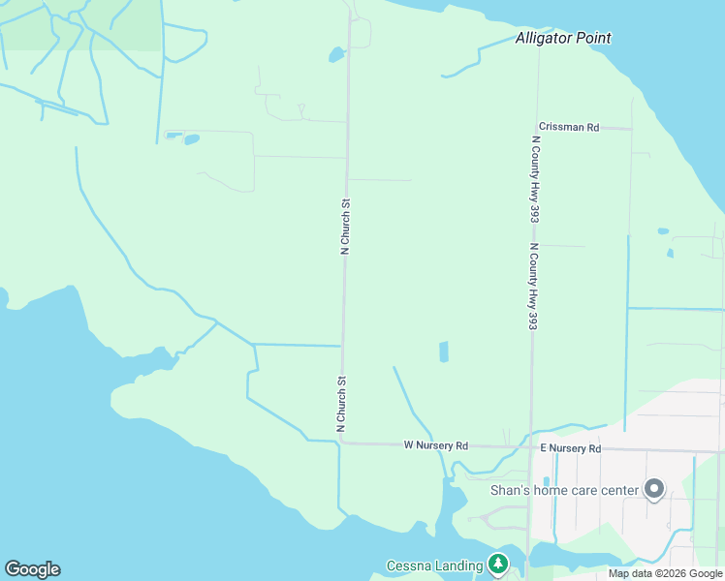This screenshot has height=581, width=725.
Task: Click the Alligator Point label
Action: [562, 39]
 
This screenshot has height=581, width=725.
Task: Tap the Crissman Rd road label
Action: [569, 127]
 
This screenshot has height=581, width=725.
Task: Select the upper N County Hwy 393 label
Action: [534, 179]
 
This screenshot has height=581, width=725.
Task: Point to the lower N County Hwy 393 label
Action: [532, 287]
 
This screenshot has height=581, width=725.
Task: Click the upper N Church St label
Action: [344, 227]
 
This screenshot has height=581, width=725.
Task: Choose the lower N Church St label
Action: [340, 403]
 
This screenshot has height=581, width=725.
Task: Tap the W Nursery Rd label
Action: [435, 445]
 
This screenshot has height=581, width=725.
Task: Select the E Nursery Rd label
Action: [570, 448]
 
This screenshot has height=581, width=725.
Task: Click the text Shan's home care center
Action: [565, 490]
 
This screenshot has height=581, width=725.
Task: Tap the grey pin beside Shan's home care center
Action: [654, 490]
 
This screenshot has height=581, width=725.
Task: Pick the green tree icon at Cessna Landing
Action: [497, 564]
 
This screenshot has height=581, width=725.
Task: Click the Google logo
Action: [32, 569]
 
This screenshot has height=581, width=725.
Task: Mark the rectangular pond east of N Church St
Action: [444, 352]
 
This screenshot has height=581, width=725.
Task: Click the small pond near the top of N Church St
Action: [336, 54]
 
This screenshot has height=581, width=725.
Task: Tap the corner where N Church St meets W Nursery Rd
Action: [342, 442]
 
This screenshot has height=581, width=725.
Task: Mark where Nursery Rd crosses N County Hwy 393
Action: [529, 447]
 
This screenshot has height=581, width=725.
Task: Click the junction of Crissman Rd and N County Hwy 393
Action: [536, 127]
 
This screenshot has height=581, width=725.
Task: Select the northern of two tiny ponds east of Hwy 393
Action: [662, 231]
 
